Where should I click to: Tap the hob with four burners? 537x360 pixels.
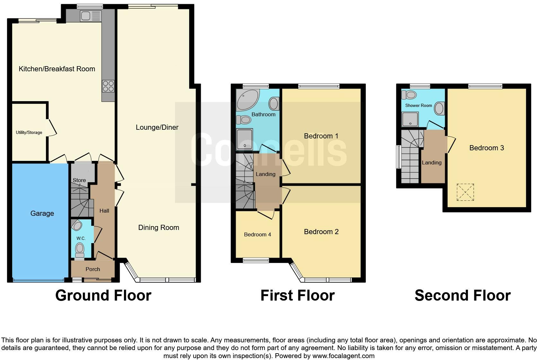[x=108, y=86]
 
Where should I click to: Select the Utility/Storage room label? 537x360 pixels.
[x=29, y=132]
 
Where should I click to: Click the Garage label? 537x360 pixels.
[x=42, y=213]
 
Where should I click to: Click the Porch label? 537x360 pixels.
[x=92, y=269]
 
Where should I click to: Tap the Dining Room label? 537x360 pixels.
[x=158, y=227]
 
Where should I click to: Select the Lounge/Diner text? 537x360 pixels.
[x=157, y=127]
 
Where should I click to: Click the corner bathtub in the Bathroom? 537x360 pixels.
[x=246, y=100]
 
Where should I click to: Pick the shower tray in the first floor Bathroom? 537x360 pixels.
[x=245, y=139]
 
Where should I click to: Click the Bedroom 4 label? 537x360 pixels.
[x=257, y=234]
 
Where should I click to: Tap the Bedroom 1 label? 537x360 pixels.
[x=321, y=136]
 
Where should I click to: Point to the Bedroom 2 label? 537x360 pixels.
[x=321, y=232]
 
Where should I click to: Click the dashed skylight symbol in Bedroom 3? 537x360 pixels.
[x=465, y=192]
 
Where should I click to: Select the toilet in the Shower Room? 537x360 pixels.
[x=410, y=95]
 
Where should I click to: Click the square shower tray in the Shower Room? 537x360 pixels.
[x=410, y=119]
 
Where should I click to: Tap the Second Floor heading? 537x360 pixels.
[x=462, y=295]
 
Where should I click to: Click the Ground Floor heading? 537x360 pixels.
[x=103, y=295]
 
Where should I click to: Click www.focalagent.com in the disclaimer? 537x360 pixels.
[x=343, y=356]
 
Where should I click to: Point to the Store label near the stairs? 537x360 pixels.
[x=79, y=180]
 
